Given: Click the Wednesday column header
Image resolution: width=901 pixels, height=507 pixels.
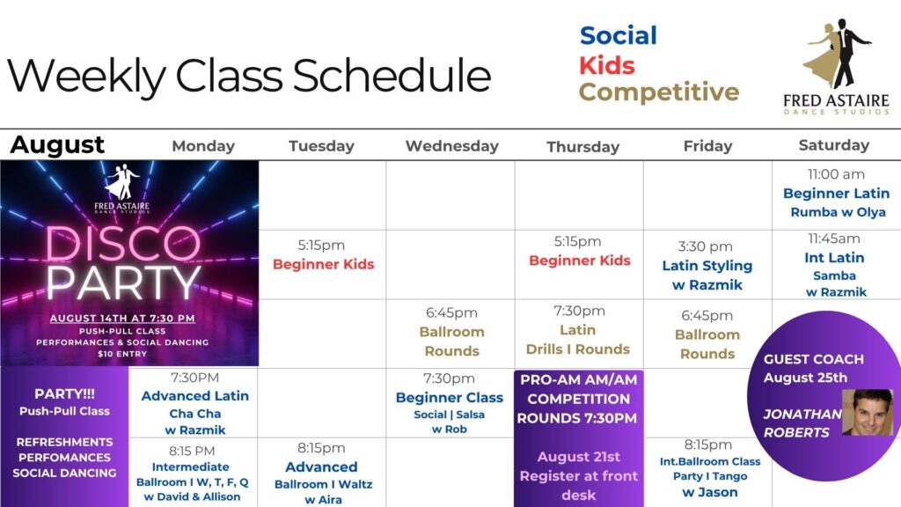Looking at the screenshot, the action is point(451,146).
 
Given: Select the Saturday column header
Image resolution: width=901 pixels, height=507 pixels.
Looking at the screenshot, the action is point(834,145).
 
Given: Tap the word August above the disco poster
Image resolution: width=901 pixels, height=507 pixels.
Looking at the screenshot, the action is point(57,145).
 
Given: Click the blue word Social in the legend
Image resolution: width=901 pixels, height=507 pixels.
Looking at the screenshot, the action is point(619,35).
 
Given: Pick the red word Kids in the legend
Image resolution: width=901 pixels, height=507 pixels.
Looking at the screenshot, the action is point(607,65).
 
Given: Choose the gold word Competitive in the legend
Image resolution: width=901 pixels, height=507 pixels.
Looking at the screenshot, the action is point(658,92).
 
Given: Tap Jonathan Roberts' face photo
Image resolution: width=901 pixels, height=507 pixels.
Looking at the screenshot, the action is point(868,412).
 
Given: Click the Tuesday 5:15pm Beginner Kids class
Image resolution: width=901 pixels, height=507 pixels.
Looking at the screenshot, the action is point(323,254).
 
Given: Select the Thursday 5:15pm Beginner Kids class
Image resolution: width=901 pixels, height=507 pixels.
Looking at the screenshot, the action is point(579,251).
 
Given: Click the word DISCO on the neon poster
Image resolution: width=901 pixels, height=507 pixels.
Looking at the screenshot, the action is point(123,244).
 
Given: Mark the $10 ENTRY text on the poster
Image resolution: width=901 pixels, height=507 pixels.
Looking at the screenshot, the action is point(122,354).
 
